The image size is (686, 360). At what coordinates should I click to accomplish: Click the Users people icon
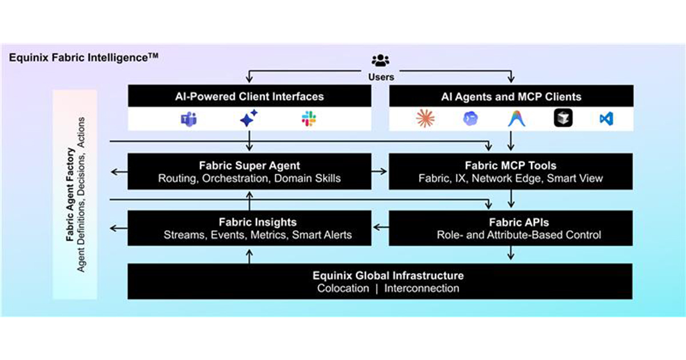point(380,61)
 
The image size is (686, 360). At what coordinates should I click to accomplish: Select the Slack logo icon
point(309,119)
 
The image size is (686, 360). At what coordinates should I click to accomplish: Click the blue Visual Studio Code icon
point(606,119)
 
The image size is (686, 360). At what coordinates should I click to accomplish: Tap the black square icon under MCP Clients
point(563,118)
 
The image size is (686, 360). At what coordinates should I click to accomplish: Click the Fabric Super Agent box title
point(249,166)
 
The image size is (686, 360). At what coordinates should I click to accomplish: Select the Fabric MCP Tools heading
point(510,166)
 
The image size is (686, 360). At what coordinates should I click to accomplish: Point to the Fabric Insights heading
point(249,222)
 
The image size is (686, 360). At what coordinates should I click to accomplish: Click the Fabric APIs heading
point(510,222)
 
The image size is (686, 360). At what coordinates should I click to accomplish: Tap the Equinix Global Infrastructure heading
point(380,275)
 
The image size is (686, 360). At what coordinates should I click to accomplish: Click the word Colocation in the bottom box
point(343,288)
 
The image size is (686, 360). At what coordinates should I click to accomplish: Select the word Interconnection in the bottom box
point(421,288)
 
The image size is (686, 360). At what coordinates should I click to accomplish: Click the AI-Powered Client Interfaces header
point(249,97)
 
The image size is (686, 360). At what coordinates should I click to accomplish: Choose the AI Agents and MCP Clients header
point(510,97)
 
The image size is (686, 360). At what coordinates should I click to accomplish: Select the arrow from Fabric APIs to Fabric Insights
point(380,228)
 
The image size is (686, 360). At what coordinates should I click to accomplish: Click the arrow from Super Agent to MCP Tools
point(380,171)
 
